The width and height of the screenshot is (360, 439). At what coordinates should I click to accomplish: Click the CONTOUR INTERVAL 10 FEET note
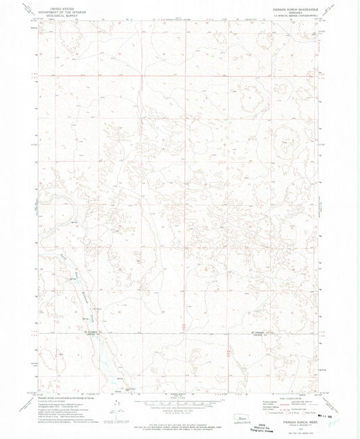[180, 409]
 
